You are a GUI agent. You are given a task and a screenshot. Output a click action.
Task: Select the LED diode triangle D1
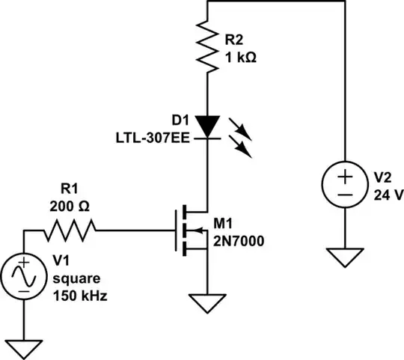pos(206,126)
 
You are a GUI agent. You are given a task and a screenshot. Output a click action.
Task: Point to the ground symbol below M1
pos(206,303)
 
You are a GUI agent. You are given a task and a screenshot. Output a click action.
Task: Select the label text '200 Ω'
pos(69,207)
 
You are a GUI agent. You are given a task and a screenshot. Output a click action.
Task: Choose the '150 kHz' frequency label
pos(80,295)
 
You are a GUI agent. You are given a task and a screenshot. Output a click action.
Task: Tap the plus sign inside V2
pos(345,177)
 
